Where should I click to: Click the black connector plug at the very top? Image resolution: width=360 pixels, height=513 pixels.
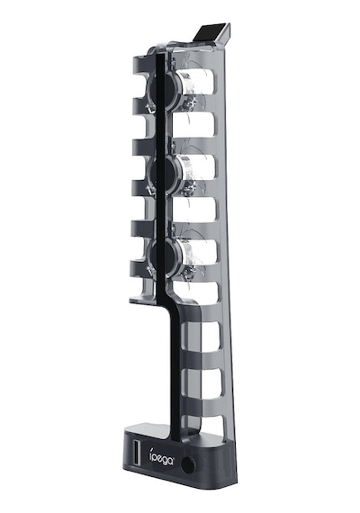click(x=212, y=33)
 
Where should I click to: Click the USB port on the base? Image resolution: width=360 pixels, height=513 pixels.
click(x=136, y=450)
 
